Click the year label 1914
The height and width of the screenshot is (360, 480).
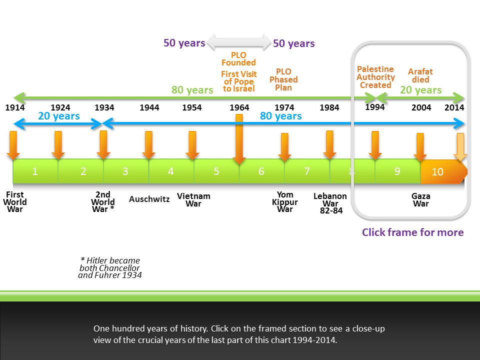coord(15,107)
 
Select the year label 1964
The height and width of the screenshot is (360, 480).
coord(239,107)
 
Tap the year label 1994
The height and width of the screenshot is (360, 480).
coord(375,106)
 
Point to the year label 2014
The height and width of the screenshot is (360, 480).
coord(454,107)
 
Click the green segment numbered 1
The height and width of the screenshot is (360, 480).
coord(35,171)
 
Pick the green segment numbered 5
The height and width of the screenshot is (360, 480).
coord(216,171)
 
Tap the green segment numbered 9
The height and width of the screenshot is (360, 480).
coord(397,171)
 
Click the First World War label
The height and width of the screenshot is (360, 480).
coord(15,202)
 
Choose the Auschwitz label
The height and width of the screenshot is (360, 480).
coord(149,199)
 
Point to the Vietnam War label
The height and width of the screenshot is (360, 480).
coord(193,200)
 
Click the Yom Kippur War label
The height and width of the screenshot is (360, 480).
coord(285,202)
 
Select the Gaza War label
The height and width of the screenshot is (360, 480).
coord(420,200)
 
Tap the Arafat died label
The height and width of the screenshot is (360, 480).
coord(420,75)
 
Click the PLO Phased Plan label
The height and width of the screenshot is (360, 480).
coord(283,79)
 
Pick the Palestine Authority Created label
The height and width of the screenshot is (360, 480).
coord(375,77)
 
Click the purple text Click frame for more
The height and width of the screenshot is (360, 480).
coord(412,232)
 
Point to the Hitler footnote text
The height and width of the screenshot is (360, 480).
coord(110,267)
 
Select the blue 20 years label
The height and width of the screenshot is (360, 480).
coord(59,116)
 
